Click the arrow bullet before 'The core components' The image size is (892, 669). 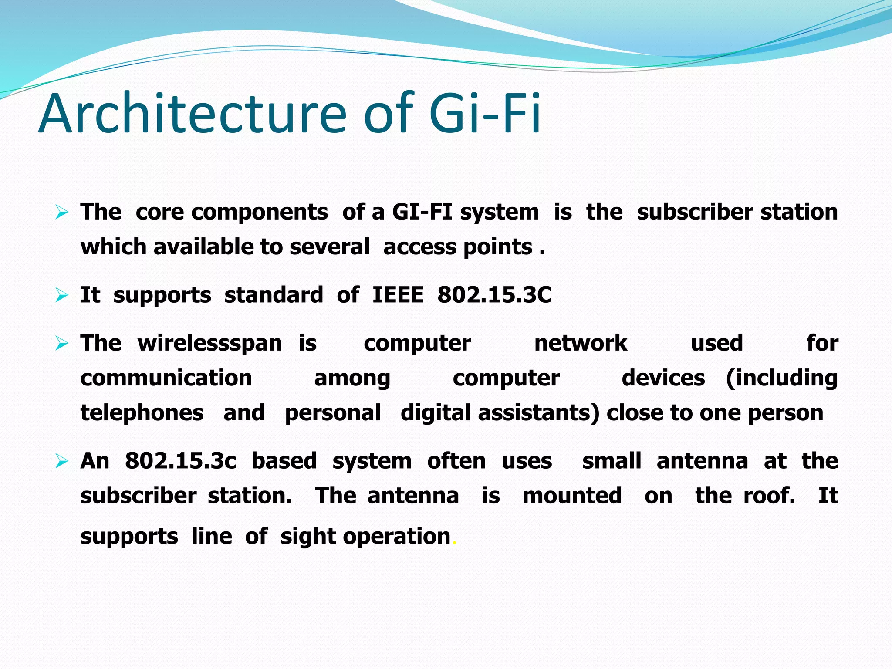click(x=62, y=213)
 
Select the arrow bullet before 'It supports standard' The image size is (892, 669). click(x=62, y=296)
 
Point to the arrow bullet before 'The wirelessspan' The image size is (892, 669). click(x=62, y=344)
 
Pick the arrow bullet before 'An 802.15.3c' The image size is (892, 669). click(x=62, y=461)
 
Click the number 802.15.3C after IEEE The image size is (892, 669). click(x=494, y=295)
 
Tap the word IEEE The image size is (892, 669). click(x=398, y=295)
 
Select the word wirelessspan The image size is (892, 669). click(x=210, y=343)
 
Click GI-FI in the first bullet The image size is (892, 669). click(x=422, y=212)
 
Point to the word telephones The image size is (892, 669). click(x=142, y=413)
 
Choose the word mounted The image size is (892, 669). click(x=572, y=496)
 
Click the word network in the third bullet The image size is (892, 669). click(x=581, y=343)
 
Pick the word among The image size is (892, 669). click(x=352, y=378)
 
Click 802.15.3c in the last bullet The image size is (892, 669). click(x=180, y=461)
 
